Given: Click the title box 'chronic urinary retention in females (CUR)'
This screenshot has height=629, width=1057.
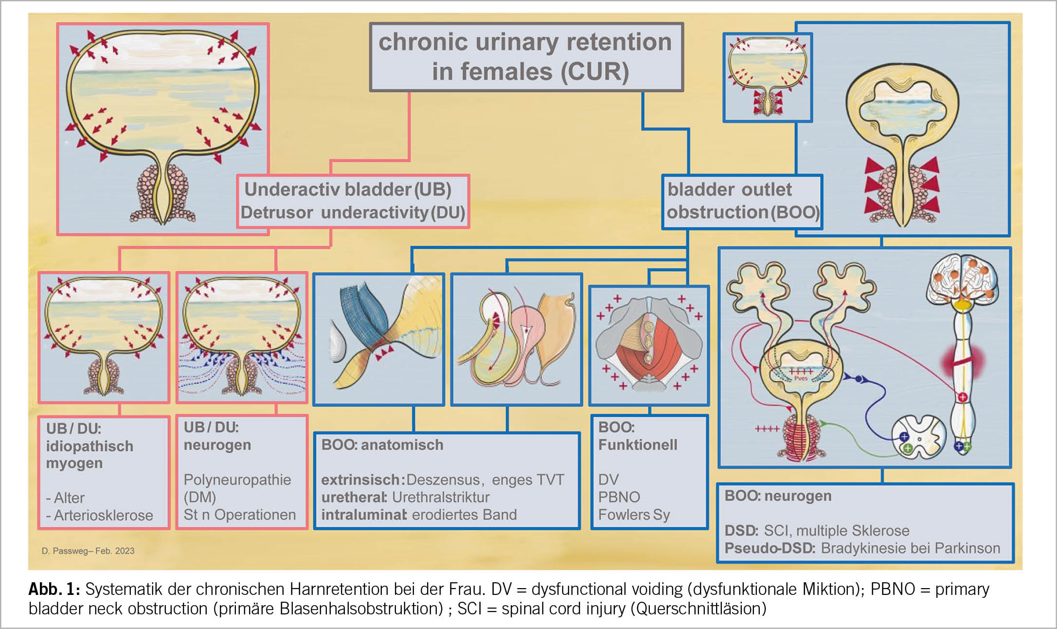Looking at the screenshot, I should [526, 56].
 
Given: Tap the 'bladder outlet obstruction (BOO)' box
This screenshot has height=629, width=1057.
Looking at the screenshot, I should [742, 201].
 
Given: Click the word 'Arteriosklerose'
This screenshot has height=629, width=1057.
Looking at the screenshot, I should [103, 515].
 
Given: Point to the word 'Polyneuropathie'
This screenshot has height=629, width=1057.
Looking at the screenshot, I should [237, 480].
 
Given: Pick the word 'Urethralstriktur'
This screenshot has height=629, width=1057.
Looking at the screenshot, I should [441, 497].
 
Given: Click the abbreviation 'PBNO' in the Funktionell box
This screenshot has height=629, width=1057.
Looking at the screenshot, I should [619, 497].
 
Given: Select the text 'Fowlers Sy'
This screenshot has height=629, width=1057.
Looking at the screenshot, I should [634, 515].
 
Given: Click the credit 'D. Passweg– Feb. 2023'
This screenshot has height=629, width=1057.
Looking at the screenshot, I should [88, 551].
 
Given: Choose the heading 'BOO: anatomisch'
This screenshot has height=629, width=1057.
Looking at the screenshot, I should [382, 445].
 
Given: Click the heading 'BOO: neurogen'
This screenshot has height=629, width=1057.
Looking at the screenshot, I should [778, 496].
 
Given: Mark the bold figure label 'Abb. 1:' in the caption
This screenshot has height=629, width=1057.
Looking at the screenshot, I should [54, 589].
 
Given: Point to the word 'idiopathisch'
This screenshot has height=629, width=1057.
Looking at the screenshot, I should [90, 446].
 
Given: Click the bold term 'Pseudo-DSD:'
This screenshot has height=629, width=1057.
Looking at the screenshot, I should [770, 548].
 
